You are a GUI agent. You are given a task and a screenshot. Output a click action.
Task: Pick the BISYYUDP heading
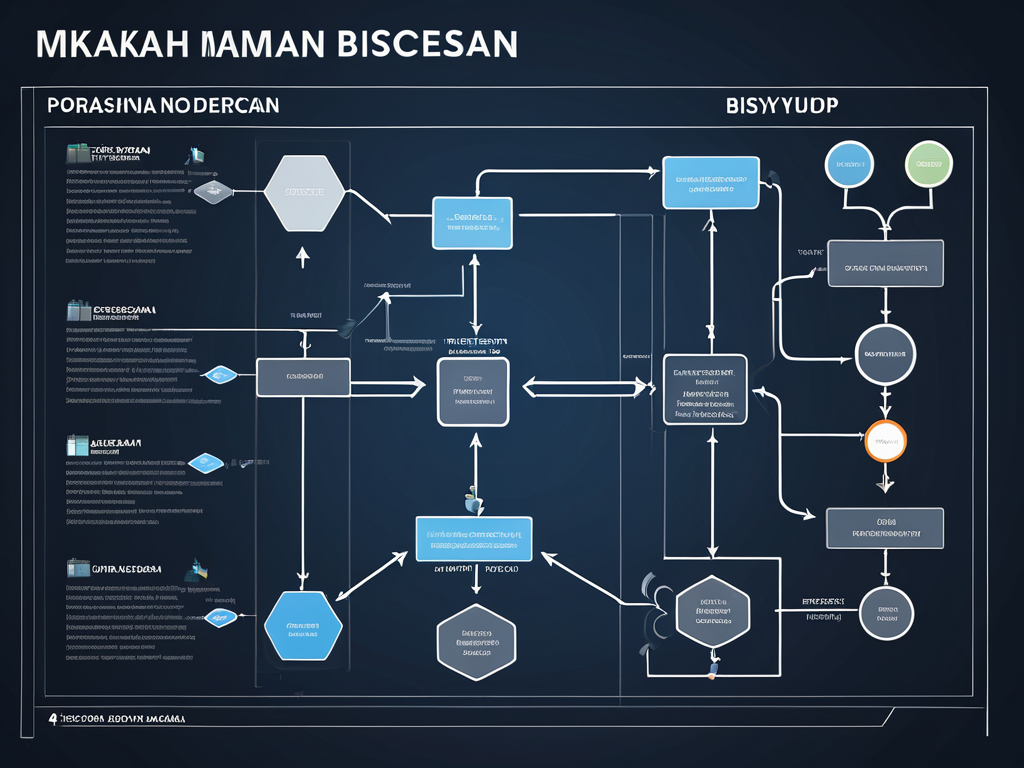782,105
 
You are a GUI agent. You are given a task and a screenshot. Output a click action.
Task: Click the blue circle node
848,164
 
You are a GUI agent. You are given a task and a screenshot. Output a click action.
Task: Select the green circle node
929,164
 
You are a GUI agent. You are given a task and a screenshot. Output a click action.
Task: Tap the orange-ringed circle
885,441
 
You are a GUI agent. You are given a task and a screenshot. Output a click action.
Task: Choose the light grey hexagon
305,191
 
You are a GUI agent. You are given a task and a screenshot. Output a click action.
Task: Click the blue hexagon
304,626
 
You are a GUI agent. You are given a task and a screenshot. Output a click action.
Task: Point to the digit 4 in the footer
52,718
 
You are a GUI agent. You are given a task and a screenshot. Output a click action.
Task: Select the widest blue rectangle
474,539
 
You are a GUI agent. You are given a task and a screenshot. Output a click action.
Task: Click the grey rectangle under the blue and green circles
886,263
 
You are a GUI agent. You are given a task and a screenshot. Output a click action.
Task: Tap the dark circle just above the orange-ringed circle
885,355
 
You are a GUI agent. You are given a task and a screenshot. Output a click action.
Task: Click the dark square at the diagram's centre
473,391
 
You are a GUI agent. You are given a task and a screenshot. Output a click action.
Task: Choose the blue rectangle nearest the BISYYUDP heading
710,183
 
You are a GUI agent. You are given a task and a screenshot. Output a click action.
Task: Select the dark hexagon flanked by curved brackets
713,612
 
